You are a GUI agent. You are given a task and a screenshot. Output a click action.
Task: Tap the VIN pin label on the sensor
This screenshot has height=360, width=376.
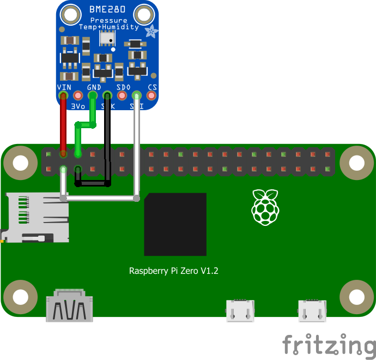point(64,87)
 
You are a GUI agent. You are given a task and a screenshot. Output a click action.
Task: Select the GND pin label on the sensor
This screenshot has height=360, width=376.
point(94,87)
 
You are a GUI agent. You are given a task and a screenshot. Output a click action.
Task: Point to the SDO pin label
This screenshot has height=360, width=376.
point(123,87)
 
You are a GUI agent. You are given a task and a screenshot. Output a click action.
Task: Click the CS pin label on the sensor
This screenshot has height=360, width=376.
point(153,87)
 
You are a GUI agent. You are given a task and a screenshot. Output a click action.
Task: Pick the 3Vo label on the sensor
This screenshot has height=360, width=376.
point(78,106)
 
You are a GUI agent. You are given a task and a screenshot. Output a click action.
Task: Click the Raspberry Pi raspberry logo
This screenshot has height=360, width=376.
point(266,207)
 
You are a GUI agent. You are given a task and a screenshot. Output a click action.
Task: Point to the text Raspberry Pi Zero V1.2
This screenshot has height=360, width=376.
point(173,271)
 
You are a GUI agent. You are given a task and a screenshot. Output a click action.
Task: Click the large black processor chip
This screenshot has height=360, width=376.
point(175,224)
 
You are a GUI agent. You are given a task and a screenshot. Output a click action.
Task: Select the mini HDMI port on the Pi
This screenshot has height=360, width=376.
point(69,309)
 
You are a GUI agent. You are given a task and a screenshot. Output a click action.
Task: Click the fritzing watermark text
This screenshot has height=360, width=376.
point(329,346)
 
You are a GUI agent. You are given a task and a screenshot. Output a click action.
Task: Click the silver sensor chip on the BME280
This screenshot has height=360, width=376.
point(107,37)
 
